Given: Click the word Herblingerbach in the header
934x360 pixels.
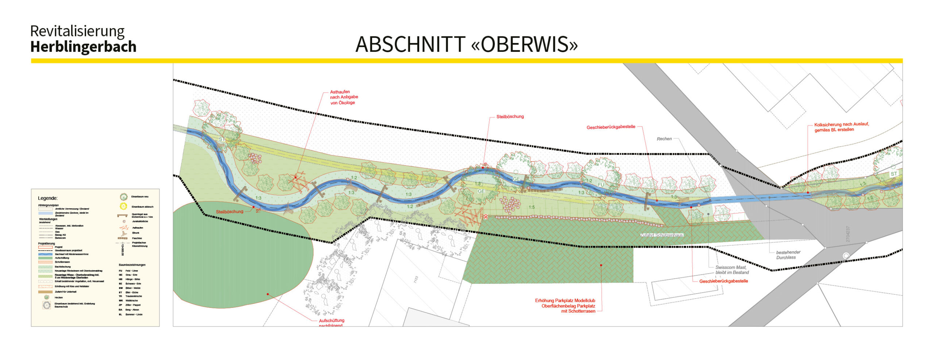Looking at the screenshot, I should coord(83,47).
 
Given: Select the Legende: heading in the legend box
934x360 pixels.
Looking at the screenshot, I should coord(48,198).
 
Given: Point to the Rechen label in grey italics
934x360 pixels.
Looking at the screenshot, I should coord(664,139).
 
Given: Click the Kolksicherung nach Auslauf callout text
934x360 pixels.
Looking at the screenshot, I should coord(841,127).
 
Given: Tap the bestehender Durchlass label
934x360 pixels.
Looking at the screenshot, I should coord(788,255).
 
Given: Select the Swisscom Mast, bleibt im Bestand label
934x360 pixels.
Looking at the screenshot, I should coord(732,270).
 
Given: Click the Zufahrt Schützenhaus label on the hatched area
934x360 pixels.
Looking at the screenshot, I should coord(661,235).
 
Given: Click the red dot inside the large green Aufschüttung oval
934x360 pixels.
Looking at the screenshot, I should coord(267,294).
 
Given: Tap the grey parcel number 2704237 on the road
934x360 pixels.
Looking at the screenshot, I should coord(848,234).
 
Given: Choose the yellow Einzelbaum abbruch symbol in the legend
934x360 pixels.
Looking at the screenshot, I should coord(123,206).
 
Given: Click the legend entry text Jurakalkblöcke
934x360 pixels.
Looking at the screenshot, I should coord(140,221).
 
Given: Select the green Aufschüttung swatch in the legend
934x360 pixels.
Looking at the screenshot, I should coord(45,258).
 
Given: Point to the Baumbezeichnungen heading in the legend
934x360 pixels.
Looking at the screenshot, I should coord(132,265).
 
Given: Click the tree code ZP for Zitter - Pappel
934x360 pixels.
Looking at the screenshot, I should coord(120,305).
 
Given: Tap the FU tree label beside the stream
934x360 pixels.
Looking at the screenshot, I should coord(601,185).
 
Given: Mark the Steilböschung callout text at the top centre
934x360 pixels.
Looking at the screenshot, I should coord(510,117).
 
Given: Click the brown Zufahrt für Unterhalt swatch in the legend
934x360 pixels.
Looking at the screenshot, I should coord(45,292).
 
